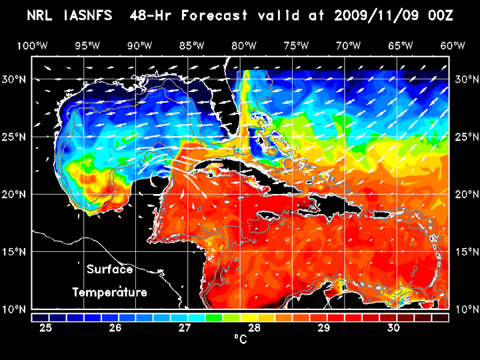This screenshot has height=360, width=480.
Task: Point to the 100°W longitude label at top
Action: click(x=31, y=45)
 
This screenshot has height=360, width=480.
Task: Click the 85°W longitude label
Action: click(x=191, y=45)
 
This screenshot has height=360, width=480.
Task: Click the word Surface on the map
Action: click(x=109, y=270)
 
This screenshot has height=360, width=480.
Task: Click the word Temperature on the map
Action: click(x=109, y=293)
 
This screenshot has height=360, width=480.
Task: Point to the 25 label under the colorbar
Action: click(x=47, y=328)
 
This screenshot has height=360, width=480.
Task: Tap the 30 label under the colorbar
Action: click(x=393, y=328)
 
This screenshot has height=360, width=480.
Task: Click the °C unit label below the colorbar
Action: click(x=239, y=339)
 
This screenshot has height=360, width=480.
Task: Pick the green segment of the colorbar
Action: click(x=214, y=317)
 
